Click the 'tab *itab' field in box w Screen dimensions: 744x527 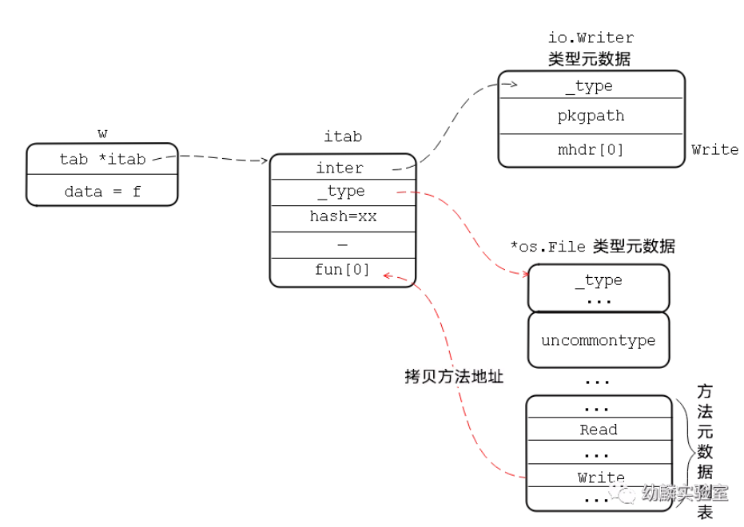pos(102,159)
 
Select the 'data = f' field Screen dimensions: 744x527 pos(102,191)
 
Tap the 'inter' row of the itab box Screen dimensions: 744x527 pos(343,168)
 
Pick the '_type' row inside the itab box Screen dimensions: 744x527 pos(343,192)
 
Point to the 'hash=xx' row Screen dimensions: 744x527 pos(343,219)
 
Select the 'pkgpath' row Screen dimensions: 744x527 pos(591,116)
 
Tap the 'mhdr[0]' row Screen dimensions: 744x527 pos(591,150)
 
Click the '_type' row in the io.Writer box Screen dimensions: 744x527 pos(591,85)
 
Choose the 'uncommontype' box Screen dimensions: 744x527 pos(599,340)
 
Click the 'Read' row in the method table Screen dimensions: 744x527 pos(599,429)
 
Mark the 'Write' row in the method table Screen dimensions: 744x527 pos(599,476)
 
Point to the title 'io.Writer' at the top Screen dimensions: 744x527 pos(591,38)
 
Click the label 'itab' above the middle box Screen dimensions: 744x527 pos(343,137)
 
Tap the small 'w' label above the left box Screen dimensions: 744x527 pos(102,134)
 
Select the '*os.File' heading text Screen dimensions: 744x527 pos(548,247)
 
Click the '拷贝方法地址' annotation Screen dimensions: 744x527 pos(454,376)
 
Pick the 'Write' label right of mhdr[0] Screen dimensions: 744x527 pos(714,150)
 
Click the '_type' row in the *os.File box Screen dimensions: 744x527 pos(599,287)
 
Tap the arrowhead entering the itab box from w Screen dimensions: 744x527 pos(265,160)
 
